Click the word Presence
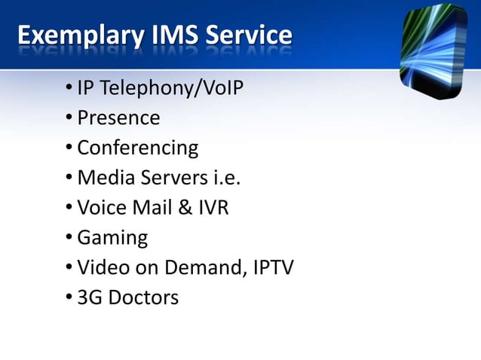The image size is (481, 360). (x=118, y=119)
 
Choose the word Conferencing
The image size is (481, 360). (x=137, y=148)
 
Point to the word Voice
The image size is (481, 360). (x=101, y=209)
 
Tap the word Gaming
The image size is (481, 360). (x=112, y=239)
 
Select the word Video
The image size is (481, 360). (x=102, y=268)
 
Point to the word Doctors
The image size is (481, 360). (x=143, y=298)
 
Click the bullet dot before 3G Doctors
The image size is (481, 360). (x=69, y=297)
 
